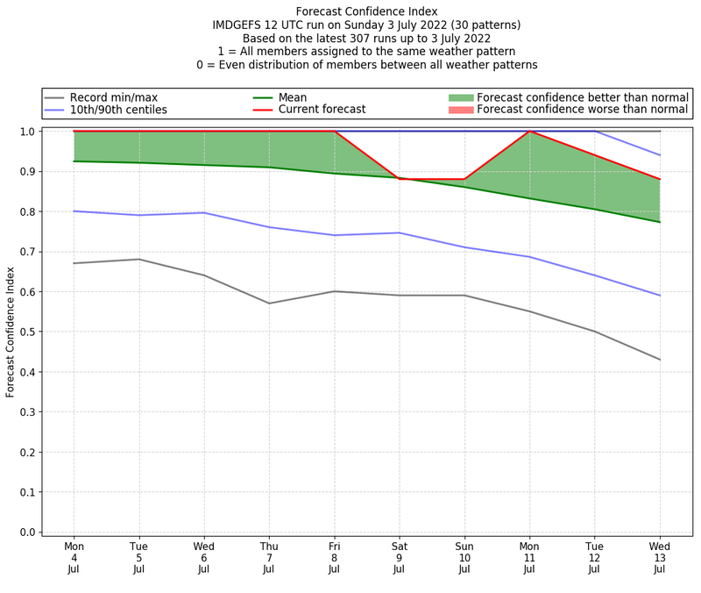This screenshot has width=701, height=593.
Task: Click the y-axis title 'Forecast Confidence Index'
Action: tap(11, 332)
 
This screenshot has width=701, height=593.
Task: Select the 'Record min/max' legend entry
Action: tap(113, 97)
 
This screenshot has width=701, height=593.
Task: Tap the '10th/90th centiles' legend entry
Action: tap(118, 110)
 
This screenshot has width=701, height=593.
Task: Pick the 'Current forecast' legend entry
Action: tap(322, 110)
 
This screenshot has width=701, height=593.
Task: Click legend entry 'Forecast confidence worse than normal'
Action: tap(582, 110)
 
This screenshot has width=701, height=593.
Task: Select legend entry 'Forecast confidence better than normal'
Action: tap(582, 97)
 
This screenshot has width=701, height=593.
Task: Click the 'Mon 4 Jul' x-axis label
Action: tap(74, 557)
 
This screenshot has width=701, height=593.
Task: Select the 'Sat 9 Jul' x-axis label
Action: tap(399, 557)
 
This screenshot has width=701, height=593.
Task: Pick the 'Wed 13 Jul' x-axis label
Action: tap(659, 557)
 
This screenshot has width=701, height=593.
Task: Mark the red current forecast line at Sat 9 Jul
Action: tap(399, 179)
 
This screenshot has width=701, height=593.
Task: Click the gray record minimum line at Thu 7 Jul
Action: tap(269, 304)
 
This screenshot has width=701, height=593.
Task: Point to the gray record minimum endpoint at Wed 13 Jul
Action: tap(659, 360)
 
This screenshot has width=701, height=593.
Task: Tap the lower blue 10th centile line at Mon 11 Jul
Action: tap(529, 257)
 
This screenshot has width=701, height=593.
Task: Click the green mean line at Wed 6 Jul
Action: tap(204, 165)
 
